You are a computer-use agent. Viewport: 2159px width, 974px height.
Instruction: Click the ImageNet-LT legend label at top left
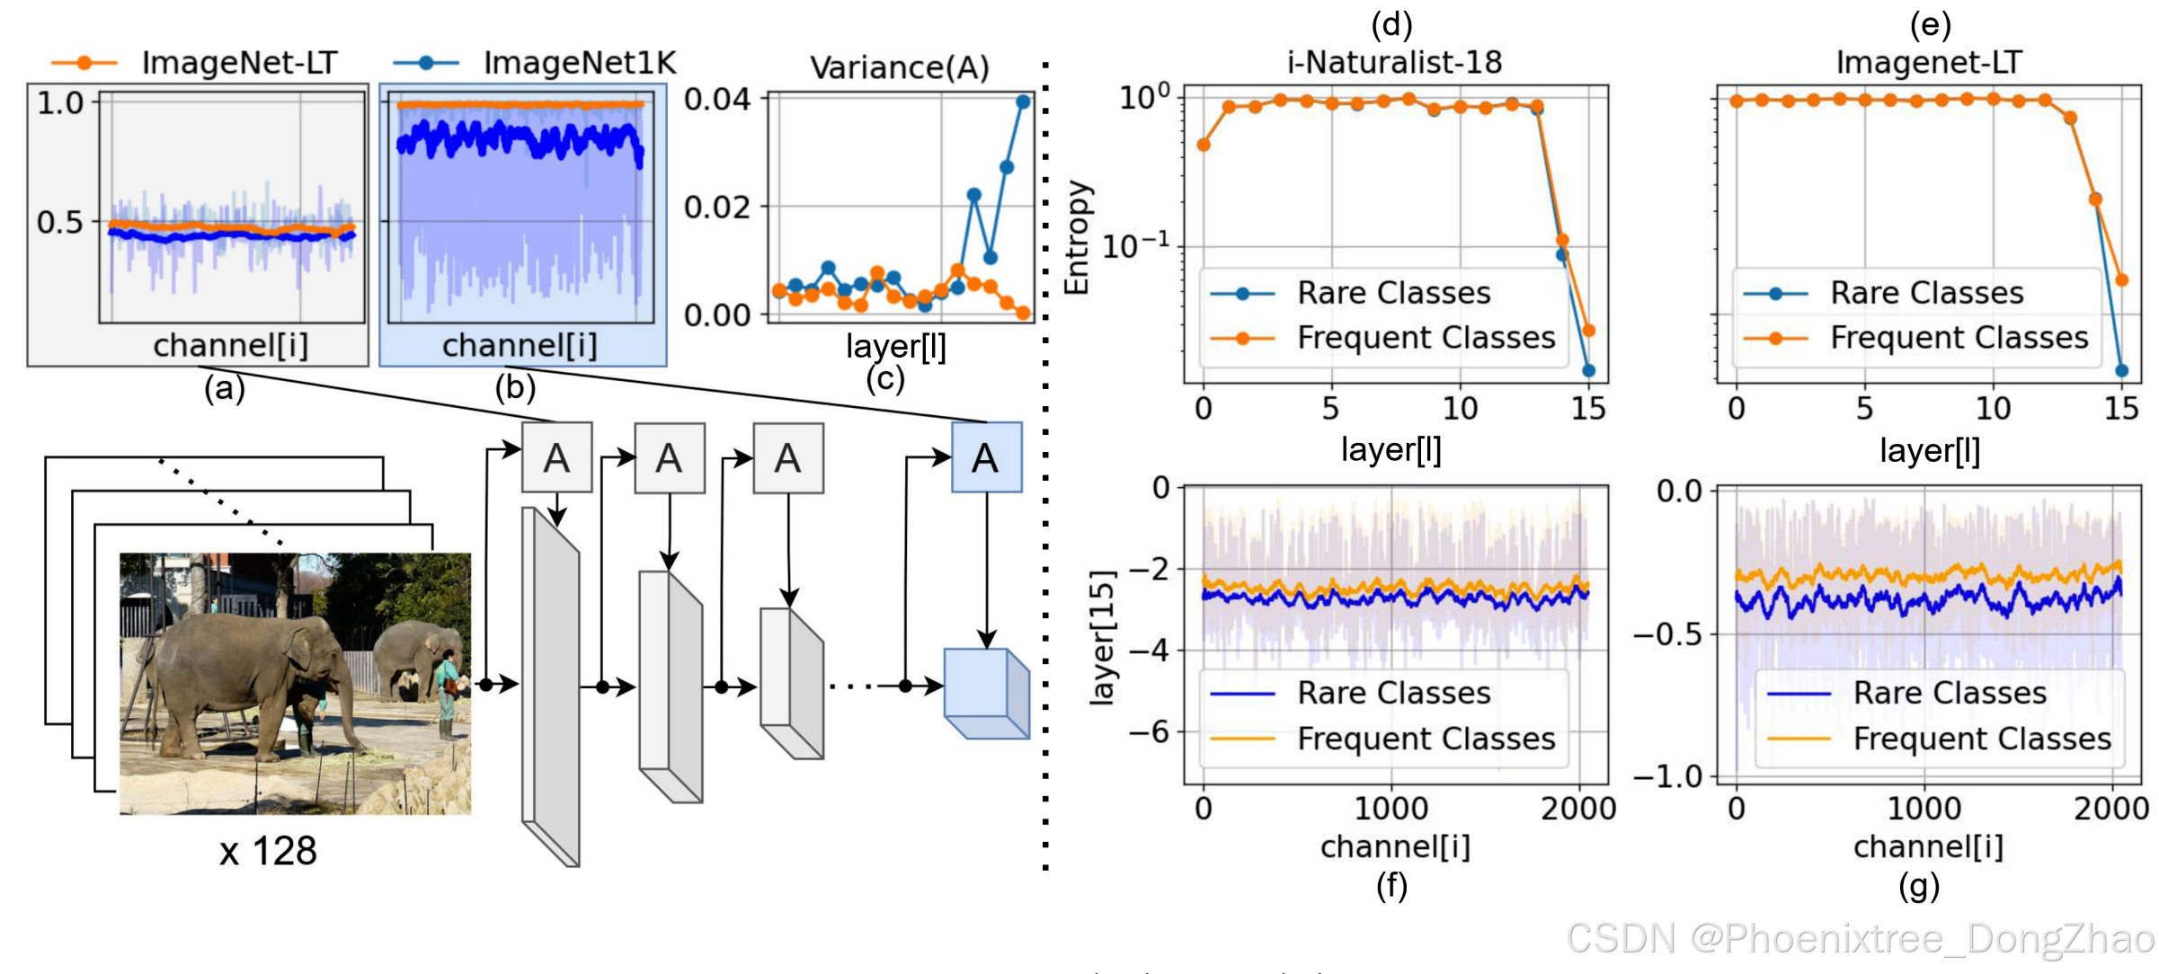pos(239,63)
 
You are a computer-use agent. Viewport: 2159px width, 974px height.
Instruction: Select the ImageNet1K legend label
pos(580,63)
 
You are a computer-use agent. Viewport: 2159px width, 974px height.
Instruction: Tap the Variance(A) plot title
pos(899,67)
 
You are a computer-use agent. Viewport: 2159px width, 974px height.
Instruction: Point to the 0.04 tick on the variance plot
pos(716,99)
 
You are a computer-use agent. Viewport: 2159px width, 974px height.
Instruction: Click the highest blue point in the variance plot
pos(1023,102)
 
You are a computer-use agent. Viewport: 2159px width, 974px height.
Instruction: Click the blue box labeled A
pos(986,457)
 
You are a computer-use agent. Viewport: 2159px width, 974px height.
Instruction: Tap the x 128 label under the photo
pos(268,851)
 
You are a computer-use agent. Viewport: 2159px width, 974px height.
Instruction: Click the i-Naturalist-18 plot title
pos(1394,62)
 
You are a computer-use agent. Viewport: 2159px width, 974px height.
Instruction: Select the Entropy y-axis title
pos(1076,237)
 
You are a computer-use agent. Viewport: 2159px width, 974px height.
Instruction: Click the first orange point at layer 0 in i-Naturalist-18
pos(1204,145)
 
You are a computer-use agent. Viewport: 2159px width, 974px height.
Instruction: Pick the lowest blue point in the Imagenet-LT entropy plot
pos(2121,370)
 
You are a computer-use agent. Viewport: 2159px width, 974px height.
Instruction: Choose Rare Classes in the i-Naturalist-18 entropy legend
pos(1393,293)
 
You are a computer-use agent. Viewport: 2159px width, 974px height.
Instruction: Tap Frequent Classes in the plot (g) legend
pos(1982,739)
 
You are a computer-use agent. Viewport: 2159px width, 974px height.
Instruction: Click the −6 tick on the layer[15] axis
pos(1150,732)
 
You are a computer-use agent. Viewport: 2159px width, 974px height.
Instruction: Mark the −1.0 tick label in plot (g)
pos(1667,776)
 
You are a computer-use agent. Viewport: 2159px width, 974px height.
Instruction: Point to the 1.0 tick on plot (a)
pos(60,103)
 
